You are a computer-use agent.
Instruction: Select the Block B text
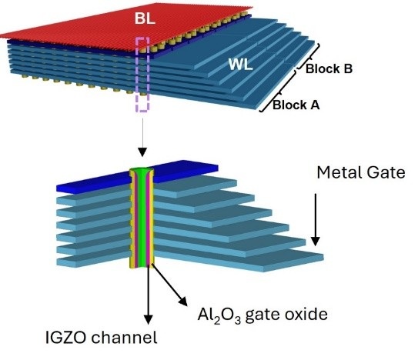[x=329, y=69]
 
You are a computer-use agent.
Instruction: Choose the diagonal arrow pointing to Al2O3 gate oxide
[x=169, y=284]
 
